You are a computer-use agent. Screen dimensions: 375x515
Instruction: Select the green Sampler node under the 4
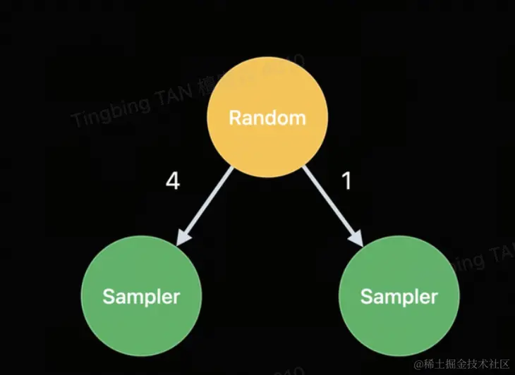coord(141,296)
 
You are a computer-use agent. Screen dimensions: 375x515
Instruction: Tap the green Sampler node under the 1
coord(399,296)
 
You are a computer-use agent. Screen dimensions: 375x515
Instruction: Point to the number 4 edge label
coord(172,182)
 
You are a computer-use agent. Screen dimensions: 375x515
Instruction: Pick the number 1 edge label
coord(346,182)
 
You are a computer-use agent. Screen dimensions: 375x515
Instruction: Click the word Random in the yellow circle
coord(268,118)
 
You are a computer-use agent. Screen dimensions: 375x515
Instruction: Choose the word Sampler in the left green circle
coord(141,297)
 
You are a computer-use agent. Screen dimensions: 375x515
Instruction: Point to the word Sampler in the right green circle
coord(399,297)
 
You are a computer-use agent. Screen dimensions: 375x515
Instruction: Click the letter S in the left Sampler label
coord(108,296)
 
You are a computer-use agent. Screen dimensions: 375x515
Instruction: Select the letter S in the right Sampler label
coord(366,296)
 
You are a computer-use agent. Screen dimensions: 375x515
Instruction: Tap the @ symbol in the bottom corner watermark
coord(419,364)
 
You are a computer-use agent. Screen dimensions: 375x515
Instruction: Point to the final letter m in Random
coord(298,118)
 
